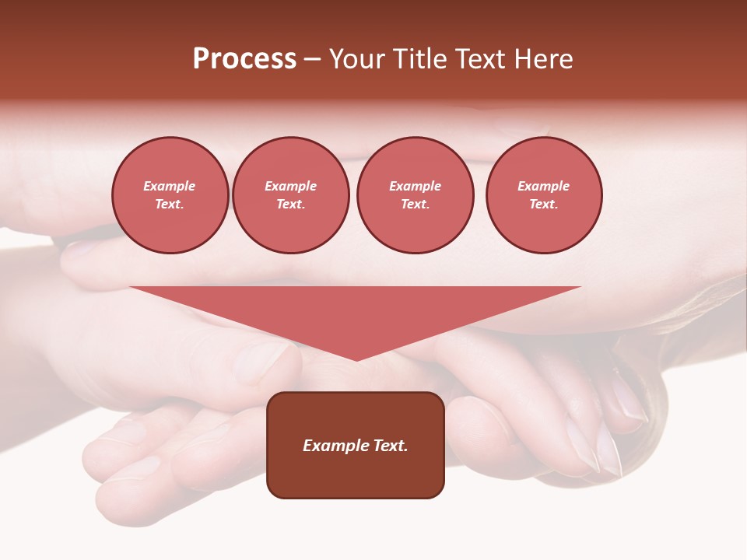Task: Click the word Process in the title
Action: click(244, 59)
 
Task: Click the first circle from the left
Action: click(170, 195)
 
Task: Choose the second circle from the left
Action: click(291, 195)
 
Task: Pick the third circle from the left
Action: click(415, 195)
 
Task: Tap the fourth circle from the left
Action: click(544, 195)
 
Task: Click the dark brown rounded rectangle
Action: click(356, 474)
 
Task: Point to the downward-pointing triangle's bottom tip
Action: click(356, 359)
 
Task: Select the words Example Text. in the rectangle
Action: click(356, 446)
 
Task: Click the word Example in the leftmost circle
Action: click(170, 187)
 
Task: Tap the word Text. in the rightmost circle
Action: click(544, 205)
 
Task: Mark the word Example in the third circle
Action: click(415, 187)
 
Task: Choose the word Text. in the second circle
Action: click(291, 205)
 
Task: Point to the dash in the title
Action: click(313, 59)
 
